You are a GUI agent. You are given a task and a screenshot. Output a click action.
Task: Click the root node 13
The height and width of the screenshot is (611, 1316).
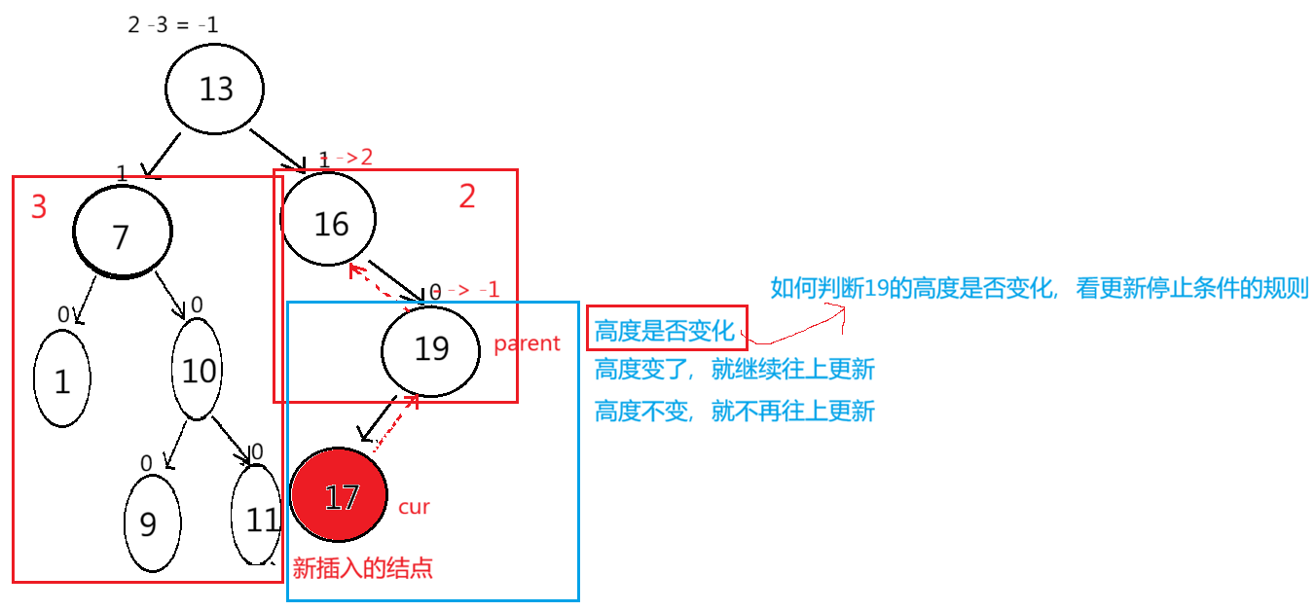pyautogui.click(x=214, y=90)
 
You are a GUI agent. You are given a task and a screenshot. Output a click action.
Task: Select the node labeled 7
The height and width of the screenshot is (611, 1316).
pyautogui.click(x=123, y=234)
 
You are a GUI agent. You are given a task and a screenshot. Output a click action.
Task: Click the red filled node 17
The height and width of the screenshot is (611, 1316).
pyautogui.click(x=339, y=495)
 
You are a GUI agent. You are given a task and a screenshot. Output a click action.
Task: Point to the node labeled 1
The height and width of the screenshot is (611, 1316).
pyautogui.click(x=62, y=380)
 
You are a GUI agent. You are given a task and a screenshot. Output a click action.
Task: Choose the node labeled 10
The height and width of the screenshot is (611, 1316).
pyautogui.click(x=199, y=370)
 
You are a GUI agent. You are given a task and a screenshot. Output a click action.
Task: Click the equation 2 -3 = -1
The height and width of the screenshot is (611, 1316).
pyautogui.click(x=172, y=25)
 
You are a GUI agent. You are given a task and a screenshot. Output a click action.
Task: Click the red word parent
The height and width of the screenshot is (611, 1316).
pyautogui.click(x=528, y=343)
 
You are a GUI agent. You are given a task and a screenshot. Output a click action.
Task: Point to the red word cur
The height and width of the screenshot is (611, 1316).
pyautogui.click(x=414, y=507)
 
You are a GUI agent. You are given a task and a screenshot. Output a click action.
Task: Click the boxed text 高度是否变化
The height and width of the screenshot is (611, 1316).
pyautogui.click(x=666, y=331)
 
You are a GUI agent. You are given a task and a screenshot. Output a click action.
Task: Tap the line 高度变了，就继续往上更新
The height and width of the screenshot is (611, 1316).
pyautogui.click(x=734, y=369)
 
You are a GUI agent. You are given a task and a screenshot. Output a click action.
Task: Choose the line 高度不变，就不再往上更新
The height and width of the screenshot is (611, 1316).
pyautogui.click(x=734, y=411)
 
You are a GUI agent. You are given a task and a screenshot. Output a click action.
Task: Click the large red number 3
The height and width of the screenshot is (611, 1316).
pyautogui.click(x=38, y=207)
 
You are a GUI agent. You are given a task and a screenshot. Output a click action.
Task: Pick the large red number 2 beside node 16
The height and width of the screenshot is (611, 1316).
pyautogui.click(x=467, y=198)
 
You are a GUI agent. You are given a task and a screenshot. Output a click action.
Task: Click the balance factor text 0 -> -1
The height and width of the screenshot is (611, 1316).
pyautogui.click(x=464, y=290)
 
